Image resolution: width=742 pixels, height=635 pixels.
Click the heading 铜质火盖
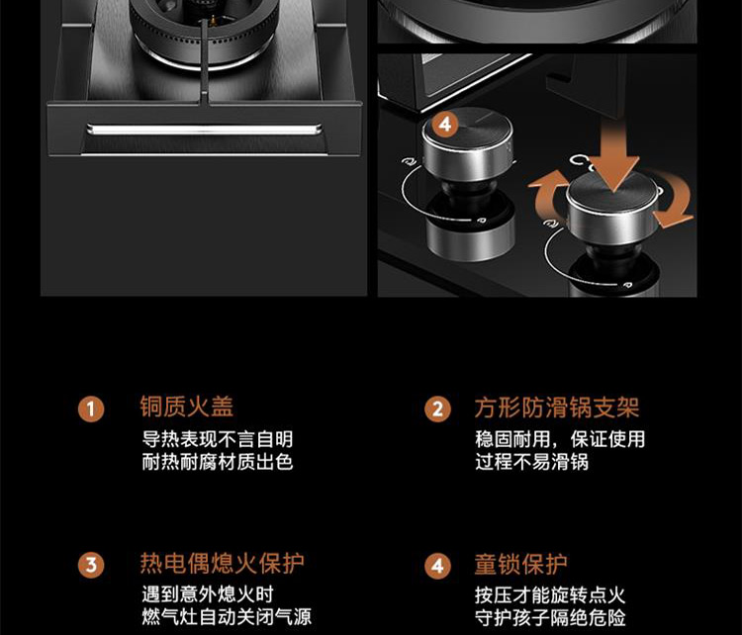coord(186,407)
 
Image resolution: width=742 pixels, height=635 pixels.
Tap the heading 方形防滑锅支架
coord(557,408)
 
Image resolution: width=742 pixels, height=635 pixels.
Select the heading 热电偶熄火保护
coord(222,563)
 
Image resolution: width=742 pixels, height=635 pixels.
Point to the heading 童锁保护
coord(521,564)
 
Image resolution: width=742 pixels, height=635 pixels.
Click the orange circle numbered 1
coord(91,409)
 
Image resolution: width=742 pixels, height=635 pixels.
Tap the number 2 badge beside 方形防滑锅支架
coord(437,409)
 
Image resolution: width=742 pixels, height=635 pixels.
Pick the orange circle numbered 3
coord(91,565)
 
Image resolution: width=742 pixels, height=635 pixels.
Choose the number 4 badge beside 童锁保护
coord(437,566)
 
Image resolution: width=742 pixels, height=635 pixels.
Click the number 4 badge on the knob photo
coord(444,125)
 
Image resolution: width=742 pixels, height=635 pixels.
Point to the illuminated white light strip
coord(205,130)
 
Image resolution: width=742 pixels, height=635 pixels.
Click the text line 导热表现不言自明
coord(218,439)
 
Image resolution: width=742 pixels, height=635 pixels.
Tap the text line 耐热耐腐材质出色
coord(218,462)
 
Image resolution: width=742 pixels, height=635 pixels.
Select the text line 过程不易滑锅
coord(532,462)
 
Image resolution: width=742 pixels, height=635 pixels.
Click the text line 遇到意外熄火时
coord(208,594)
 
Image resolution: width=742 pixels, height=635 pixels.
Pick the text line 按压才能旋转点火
coord(550,594)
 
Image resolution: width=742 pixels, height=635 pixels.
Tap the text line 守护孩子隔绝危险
coord(550,617)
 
